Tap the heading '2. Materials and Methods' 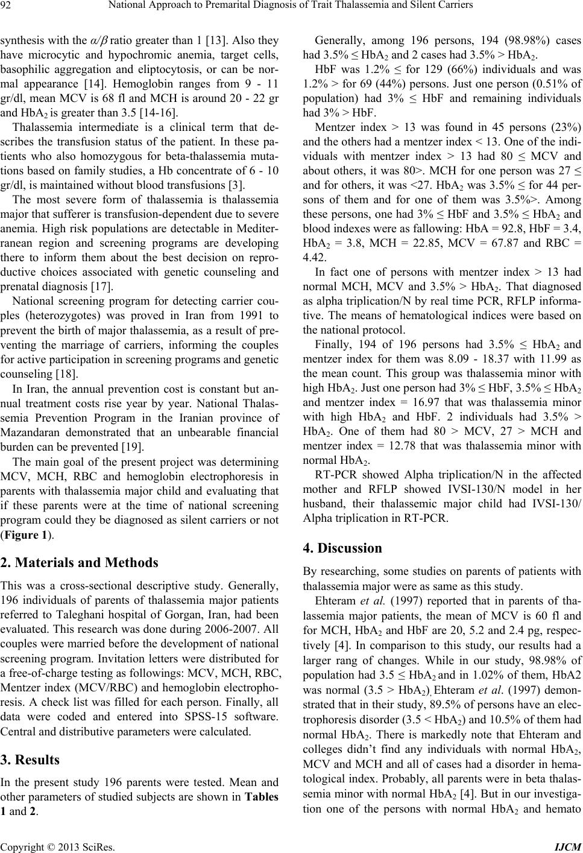(79, 563)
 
